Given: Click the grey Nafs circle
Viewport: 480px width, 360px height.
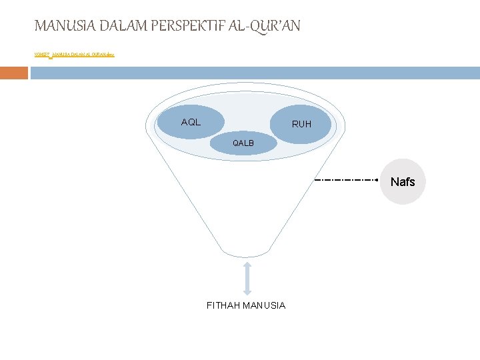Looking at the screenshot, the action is click(402, 181).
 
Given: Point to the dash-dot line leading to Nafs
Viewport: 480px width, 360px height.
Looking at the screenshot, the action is click(347, 180).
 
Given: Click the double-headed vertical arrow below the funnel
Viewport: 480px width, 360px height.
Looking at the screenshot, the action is click(247, 279).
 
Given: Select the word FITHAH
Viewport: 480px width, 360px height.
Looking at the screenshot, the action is click(223, 305).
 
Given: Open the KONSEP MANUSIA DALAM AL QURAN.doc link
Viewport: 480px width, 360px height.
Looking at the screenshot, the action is click(74, 55).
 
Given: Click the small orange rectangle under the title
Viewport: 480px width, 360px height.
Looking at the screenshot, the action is click(14, 73).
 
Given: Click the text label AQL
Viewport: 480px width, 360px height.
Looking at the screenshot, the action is click(191, 122).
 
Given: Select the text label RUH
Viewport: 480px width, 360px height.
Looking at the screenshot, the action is click(301, 124).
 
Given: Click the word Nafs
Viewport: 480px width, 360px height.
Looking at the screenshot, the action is click(403, 182).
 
